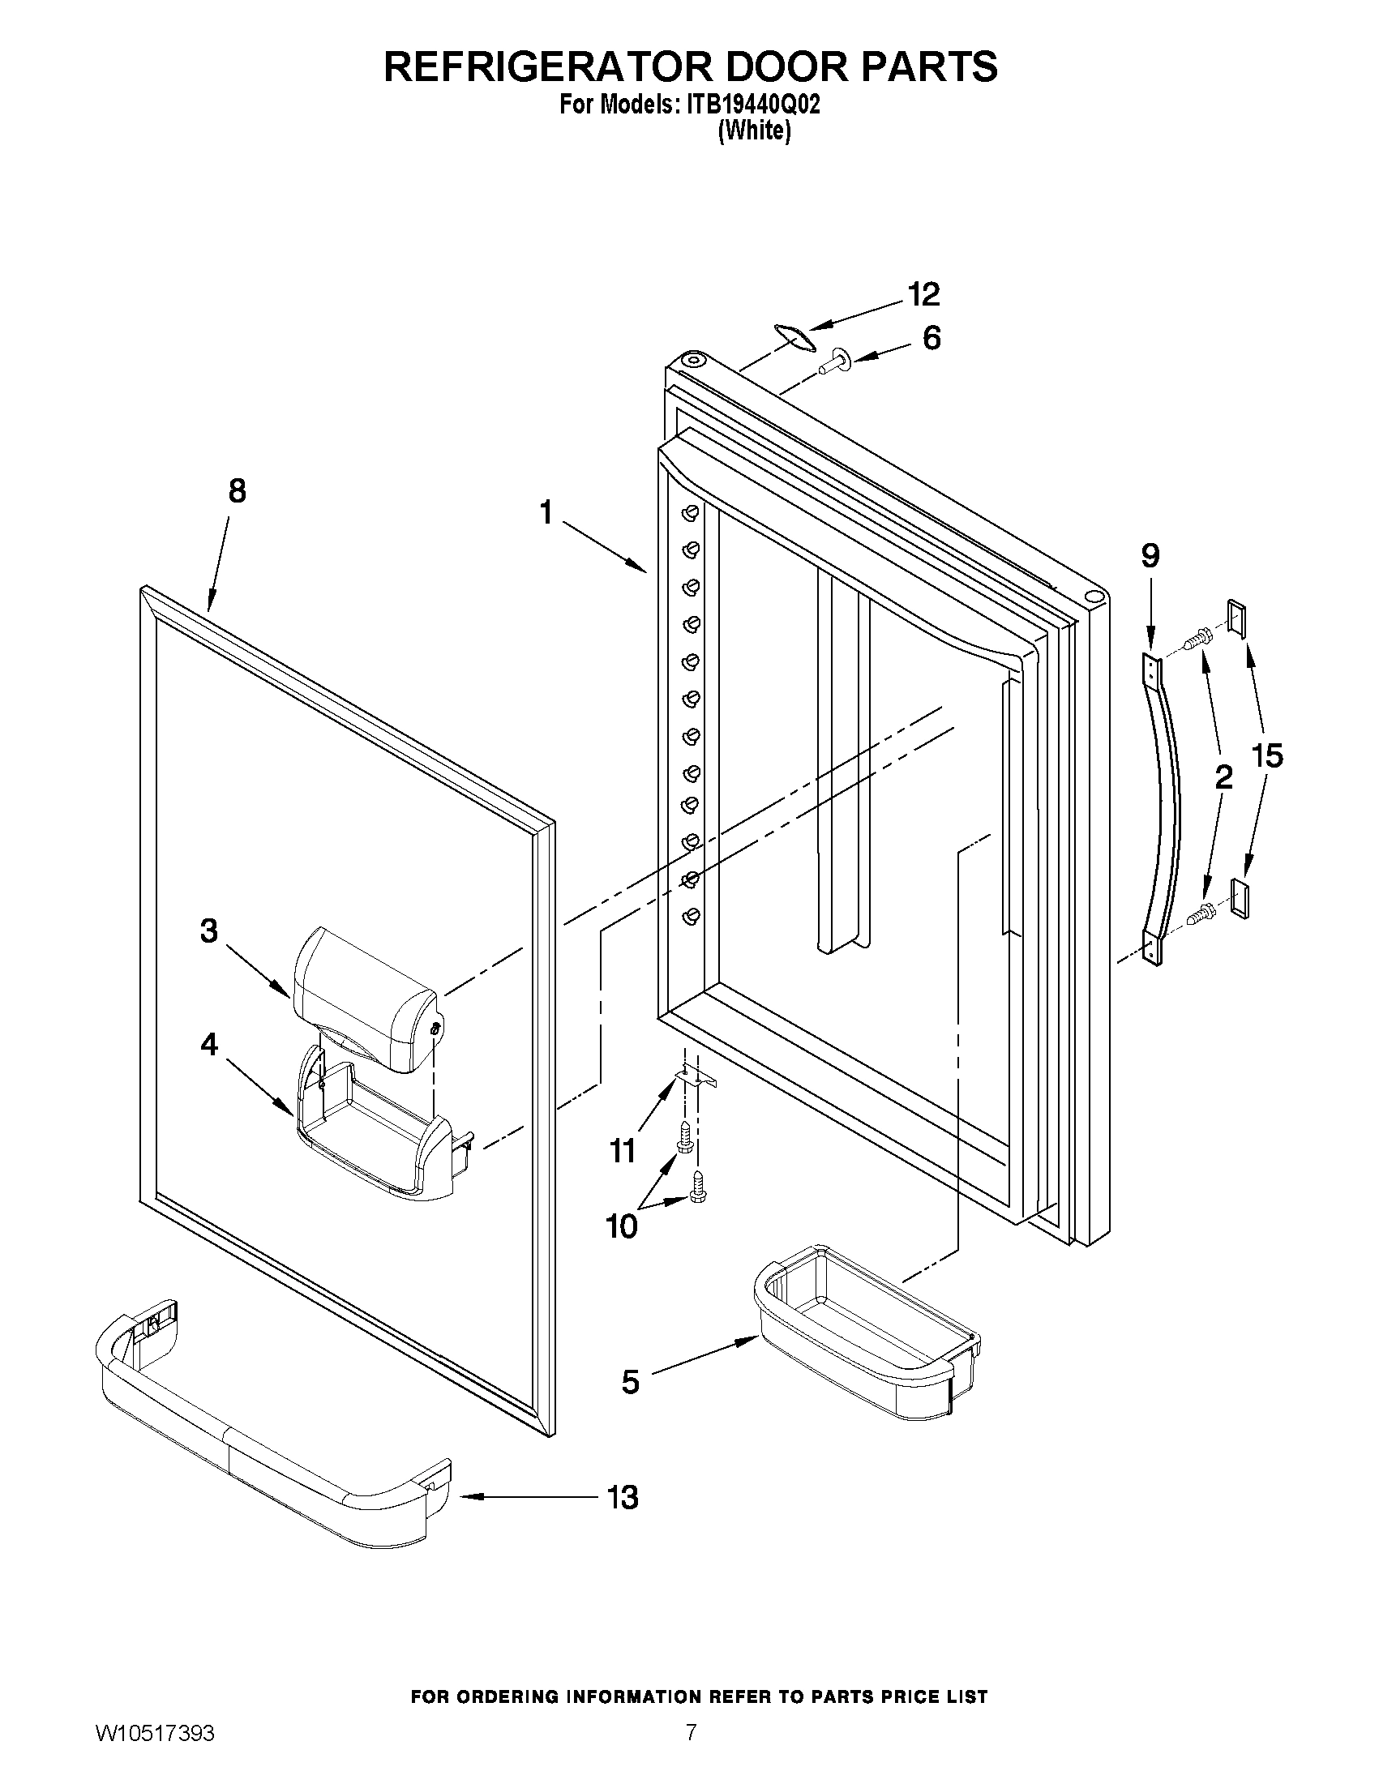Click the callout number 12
click(924, 294)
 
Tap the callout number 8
click(236, 491)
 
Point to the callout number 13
click(622, 1497)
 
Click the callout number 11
click(622, 1152)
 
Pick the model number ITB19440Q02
click(747, 105)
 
